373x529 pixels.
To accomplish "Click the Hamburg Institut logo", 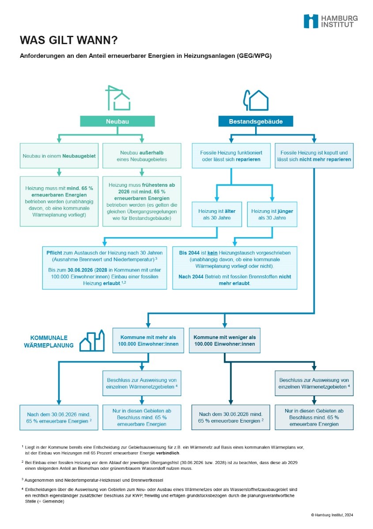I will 330,21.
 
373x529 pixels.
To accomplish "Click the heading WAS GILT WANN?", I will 68,41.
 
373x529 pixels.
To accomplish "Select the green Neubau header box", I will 117,121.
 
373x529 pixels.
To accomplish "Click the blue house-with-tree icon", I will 256,100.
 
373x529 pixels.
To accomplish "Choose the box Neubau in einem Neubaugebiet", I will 59,156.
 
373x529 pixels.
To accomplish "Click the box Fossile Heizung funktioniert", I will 231,155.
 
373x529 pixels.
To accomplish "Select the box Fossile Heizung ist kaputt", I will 314,155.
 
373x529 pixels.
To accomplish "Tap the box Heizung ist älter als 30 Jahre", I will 217,215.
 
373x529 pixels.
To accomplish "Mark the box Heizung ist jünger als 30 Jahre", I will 272,215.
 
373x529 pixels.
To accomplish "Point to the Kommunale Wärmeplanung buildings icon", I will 92,340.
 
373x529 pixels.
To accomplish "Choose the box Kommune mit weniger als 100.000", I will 225,340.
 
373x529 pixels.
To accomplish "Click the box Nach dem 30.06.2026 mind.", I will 59,418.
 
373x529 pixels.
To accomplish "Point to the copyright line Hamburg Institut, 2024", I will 332,515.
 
